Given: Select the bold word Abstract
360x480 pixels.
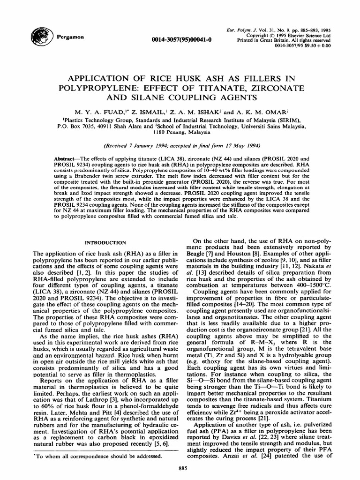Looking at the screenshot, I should (x=65, y=159).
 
